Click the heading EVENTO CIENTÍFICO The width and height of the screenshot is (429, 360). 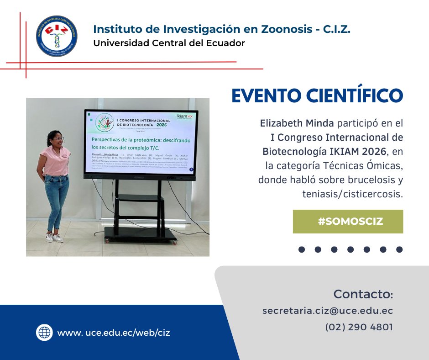317,95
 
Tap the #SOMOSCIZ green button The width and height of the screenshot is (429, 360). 348,222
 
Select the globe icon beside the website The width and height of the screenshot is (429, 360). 44,332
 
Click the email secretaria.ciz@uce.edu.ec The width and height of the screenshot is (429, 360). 328,311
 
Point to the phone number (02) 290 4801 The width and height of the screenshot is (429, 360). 359,327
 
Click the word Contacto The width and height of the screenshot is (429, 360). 363,293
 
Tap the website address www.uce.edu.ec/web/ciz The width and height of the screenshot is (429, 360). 114,333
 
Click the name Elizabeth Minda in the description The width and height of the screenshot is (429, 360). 287,123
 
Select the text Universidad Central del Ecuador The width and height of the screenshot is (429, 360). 169,43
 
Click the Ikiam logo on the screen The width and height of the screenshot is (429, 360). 184,117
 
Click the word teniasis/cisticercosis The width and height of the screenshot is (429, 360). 353,194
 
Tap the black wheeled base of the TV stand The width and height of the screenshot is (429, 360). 140,234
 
